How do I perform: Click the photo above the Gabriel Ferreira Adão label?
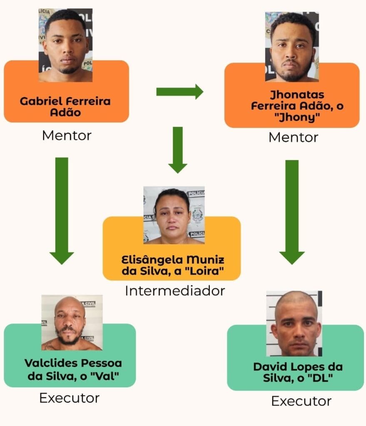(65, 45)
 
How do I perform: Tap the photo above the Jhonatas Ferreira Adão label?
(292, 47)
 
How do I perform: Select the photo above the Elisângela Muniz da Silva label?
(174, 215)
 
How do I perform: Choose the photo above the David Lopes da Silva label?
(294, 324)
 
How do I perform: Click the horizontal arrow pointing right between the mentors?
(179, 92)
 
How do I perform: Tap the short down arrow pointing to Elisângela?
(178, 150)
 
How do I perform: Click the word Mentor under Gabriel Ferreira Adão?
(67, 135)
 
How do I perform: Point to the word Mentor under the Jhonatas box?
(293, 137)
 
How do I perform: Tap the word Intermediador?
(175, 290)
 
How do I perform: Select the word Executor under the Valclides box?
(69, 398)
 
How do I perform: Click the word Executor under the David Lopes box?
(301, 401)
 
